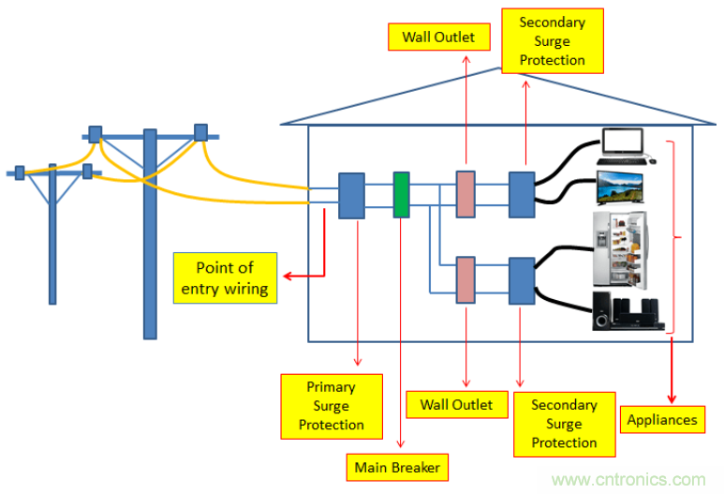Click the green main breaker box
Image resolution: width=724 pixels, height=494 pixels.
402,195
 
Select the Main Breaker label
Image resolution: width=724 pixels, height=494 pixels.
396,466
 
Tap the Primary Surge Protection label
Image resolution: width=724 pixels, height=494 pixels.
332,406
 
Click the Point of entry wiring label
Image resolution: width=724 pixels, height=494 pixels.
225,278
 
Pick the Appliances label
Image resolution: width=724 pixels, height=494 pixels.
661,419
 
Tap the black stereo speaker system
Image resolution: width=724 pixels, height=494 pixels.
626,310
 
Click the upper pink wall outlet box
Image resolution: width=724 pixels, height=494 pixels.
465,195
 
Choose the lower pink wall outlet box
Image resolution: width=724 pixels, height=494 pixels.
465,279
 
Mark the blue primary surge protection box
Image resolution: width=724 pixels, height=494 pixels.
351,195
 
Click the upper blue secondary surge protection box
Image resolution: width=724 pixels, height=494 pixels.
520,195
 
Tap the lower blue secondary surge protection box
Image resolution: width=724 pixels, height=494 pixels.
520,279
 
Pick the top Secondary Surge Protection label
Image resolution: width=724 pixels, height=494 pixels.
552,41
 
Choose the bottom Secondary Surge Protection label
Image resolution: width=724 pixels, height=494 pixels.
564,424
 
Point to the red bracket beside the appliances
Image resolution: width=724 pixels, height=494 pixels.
672,234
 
